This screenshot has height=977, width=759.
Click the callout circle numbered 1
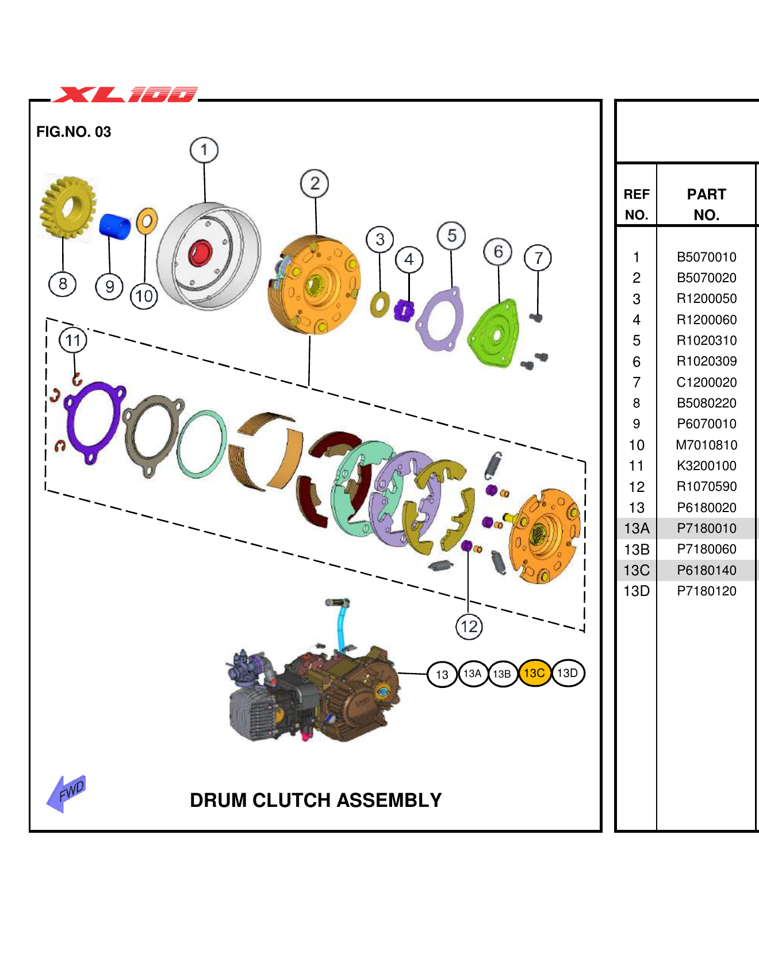coord(204,150)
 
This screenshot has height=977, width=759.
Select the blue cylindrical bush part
coord(115,225)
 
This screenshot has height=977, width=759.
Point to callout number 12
coord(469,626)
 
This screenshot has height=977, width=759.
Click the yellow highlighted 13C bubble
coord(534,673)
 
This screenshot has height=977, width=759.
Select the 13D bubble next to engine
coord(568,673)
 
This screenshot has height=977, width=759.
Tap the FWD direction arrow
coord(67,793)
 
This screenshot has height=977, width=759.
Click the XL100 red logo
coord(125,94)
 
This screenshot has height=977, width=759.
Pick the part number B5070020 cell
coord(706,278)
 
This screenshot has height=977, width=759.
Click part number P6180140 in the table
coord(706,570)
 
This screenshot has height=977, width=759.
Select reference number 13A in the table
coord(637,528)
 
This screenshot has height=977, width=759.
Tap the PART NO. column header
coord(706,204)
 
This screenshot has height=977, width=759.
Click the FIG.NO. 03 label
coord(74,132)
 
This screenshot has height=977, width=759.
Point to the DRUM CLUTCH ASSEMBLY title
coord(316,800)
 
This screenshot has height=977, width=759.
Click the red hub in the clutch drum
coord(200,253)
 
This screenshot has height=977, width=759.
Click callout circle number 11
coord(73,340)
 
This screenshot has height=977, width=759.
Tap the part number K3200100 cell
coord(706,466)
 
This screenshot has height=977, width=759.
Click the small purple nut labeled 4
coord(404,311)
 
